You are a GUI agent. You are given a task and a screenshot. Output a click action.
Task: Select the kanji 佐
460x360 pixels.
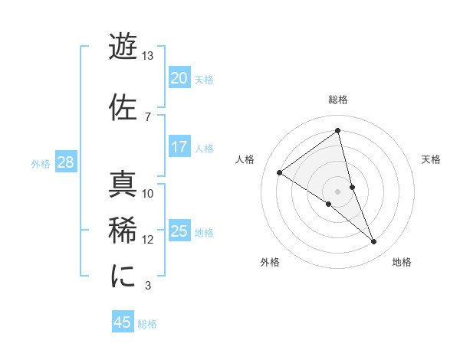tap(123, 107)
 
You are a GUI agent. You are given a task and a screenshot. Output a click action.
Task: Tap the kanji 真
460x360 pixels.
tap(123, 185)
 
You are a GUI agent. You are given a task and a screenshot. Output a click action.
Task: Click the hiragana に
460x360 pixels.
tap(123, 275)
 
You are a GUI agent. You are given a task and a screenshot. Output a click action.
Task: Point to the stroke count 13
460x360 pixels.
tap(148, 57)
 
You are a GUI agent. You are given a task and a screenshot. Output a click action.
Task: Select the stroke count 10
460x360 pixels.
tap(148, 194)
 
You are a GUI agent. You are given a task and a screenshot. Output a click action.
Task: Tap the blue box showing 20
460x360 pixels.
tap(179, 77)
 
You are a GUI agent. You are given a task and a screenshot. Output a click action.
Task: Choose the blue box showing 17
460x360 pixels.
tap(179, 146)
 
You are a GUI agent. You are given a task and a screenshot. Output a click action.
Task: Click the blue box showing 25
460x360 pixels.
tap(179, 231)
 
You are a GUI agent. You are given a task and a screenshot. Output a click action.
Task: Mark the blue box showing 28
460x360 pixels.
tap(65, 162)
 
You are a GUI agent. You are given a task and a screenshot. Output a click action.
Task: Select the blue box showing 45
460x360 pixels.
tap(123, 322)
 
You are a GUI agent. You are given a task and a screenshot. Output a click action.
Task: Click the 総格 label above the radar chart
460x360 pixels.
tap(338, 100)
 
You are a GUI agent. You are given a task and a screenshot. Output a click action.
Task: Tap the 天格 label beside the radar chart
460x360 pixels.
tap(431, 159)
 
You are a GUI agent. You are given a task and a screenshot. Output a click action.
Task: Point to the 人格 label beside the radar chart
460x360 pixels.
tap(245, 159)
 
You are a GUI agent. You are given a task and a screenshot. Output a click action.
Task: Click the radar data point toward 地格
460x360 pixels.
tap(374, 242)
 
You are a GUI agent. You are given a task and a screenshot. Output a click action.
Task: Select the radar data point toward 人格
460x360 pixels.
tap(280, 172)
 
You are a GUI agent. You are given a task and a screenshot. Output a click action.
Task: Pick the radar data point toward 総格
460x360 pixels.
tap(338, 130)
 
